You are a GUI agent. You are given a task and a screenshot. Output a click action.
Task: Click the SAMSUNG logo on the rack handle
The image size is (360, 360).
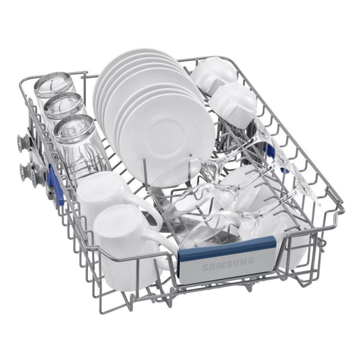[229, 264]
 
